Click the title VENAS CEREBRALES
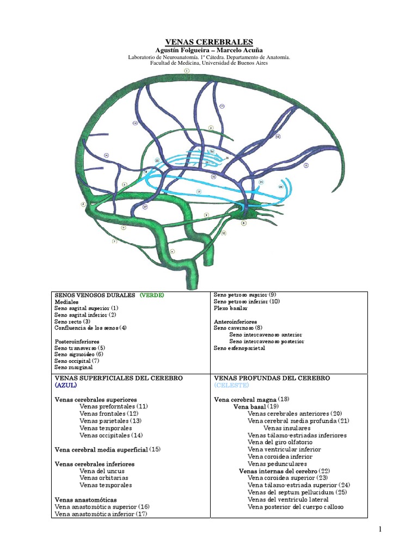pyautogui.click(x=209, y=42)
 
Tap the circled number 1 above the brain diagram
pyautogui.click(x=187, y=71)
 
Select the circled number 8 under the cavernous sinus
pyautogui.click(x=244, y=223)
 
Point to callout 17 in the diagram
pyautogui.click(x=145, y=207)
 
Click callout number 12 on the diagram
pyautogui.click(x=277, y=137)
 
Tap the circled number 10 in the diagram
pyautogui.click(x=224, y=233)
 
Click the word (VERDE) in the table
pyautogui.click(x=152, y=295)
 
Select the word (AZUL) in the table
pyautogui.click(x=66, y=385)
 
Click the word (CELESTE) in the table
pyautogui.click(x=231, y=385)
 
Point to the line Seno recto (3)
pyautogui.click(x=72, y=321)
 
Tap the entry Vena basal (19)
pyautogui.click(x=256, y=406)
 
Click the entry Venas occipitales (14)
pyautogui.click(x=111, y=435)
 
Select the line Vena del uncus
pyautogui.click(x=102, y=471)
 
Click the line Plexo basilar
pyautogui.click(x=231, y=308)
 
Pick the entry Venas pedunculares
pyautogui.click(x=277, y=464)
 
